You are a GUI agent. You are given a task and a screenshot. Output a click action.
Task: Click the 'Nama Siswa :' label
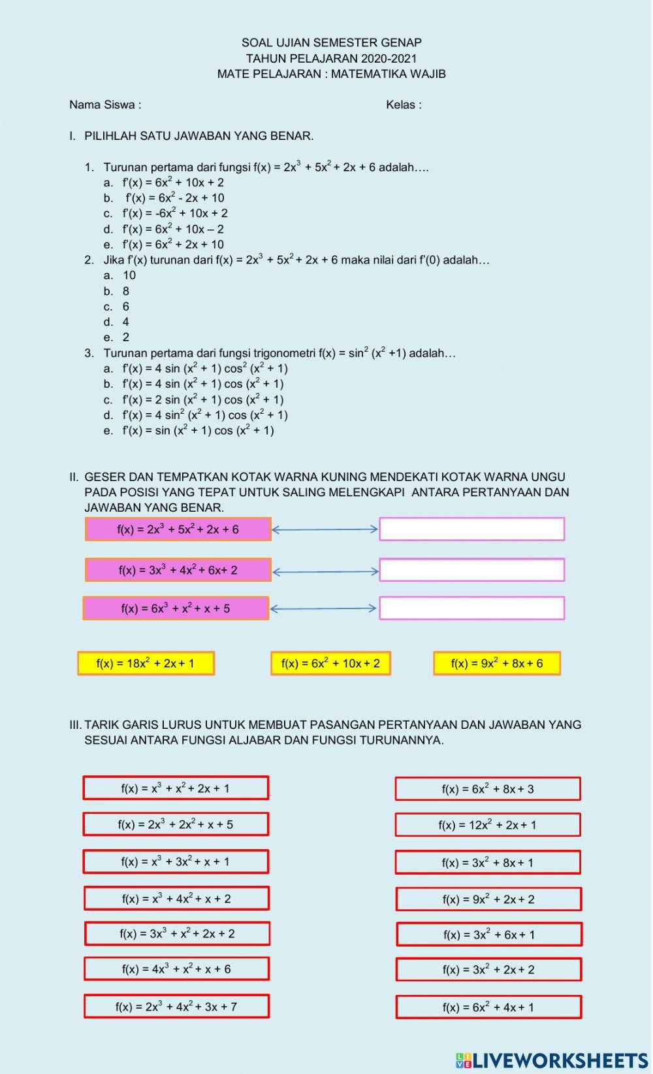click(x=105, y=105)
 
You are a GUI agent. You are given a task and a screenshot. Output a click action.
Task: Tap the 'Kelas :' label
click(x=403, y=105)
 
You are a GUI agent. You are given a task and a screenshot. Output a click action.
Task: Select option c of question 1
click(x=174, y=213)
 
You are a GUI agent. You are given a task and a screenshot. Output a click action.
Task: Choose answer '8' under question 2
click(x=125, y=291)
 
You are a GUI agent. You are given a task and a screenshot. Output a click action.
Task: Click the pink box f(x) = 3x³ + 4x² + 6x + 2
click(x=178, y=570)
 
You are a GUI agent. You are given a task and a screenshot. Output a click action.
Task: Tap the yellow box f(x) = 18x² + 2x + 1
click(x=146, y=663)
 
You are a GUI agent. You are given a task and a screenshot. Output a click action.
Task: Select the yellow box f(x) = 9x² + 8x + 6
click(x=496, y=663)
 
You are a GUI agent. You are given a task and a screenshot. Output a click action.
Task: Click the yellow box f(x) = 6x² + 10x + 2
click(x=330, y=663)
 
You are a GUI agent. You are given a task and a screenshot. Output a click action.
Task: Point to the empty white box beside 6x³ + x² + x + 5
click(x=471, y=608)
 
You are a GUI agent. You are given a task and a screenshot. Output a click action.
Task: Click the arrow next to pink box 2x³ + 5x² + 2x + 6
click(x=325, y=529)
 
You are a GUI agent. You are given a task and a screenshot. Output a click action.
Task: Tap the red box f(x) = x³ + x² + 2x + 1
click(x=176, y=788)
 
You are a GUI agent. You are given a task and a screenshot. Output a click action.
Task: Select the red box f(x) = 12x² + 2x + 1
click(x=487, y=825)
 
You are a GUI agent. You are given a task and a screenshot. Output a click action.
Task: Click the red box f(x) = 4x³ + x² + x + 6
click(x=176, y=969)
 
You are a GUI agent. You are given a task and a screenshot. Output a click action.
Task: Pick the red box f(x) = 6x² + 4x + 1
click(x=488, y=1007)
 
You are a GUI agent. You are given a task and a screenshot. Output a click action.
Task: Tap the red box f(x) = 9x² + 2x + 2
click(x=488, y=899)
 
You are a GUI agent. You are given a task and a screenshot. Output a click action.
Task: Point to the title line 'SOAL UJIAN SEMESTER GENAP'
click(x=331, y=42)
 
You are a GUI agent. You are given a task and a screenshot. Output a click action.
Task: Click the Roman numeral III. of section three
click(x=75, y=724)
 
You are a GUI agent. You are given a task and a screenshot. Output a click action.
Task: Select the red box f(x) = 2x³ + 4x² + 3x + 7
click(x=176, y=1007)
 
